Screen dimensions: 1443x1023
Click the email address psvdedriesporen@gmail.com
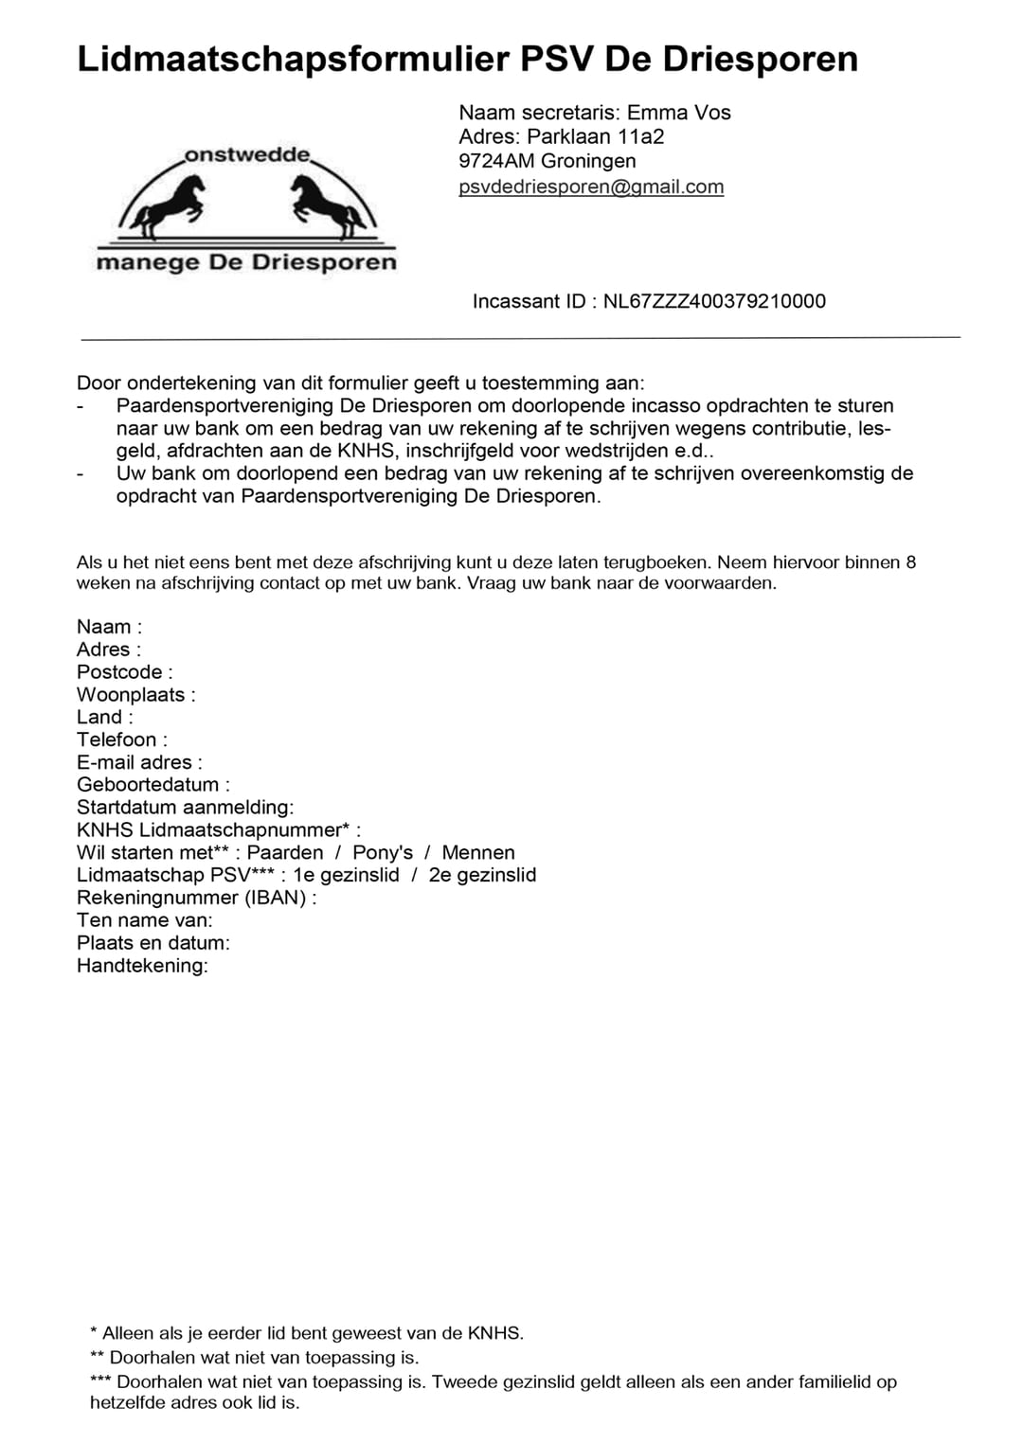coord(591,187)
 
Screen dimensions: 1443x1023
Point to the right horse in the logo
coord(328,207)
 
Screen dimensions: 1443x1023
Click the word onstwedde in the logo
coord(246,155)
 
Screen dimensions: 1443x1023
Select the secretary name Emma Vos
coord(679,113)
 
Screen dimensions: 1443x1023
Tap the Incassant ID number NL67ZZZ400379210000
coord(714,301)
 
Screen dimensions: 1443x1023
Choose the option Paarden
coord(285,852)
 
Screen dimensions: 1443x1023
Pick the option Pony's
coord(383,852)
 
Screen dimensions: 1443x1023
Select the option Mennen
coord(478,852)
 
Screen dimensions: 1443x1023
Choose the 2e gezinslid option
coord(482,875)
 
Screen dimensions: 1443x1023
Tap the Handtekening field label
coord(142,966)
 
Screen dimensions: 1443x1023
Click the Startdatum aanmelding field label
coord(185,808)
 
